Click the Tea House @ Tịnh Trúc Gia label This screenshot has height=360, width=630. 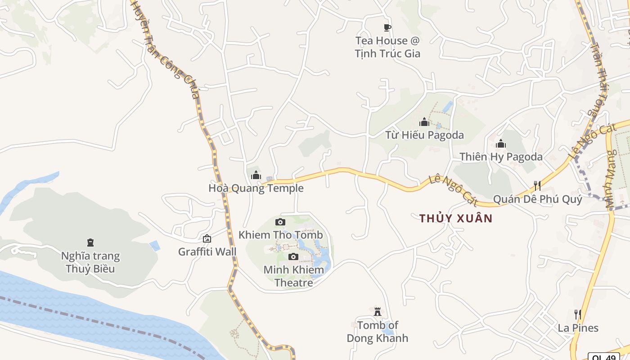click(x=387, y=47)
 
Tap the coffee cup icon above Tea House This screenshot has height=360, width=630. click(x=387, y=28)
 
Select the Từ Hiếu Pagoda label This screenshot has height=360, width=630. click(x=424, y=135)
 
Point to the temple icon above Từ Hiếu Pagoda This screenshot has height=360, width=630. click(x=424, y=122)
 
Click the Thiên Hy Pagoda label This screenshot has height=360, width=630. click(x=501, y=157)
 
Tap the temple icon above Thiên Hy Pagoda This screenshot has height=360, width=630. click(x=501, y=144)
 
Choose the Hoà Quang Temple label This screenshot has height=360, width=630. click(x=256, y=188)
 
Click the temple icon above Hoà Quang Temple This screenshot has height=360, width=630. click(x=256, y=175)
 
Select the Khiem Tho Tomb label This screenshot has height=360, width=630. click(x=280, y=235)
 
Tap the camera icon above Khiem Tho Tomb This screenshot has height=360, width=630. click(x=280, y=222)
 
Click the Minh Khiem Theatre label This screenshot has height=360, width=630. click(x=293, y=276)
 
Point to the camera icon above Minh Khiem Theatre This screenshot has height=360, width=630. click(x=293, y=257)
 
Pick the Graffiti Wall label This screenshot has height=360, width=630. click(x=207, y=252)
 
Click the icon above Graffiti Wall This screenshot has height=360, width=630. click(x=207, y=238)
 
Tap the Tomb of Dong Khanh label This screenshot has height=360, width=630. click(x=377, y=332)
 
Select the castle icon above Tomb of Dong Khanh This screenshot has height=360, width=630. click(x=377, y=312)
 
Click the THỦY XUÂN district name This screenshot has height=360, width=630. click(x=456, y=219)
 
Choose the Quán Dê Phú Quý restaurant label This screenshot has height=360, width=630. click(x=537, y=199)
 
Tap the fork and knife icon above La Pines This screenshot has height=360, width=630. click(x=578, y=314)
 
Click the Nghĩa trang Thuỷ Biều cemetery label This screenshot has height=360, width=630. click(x=90, y=262)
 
